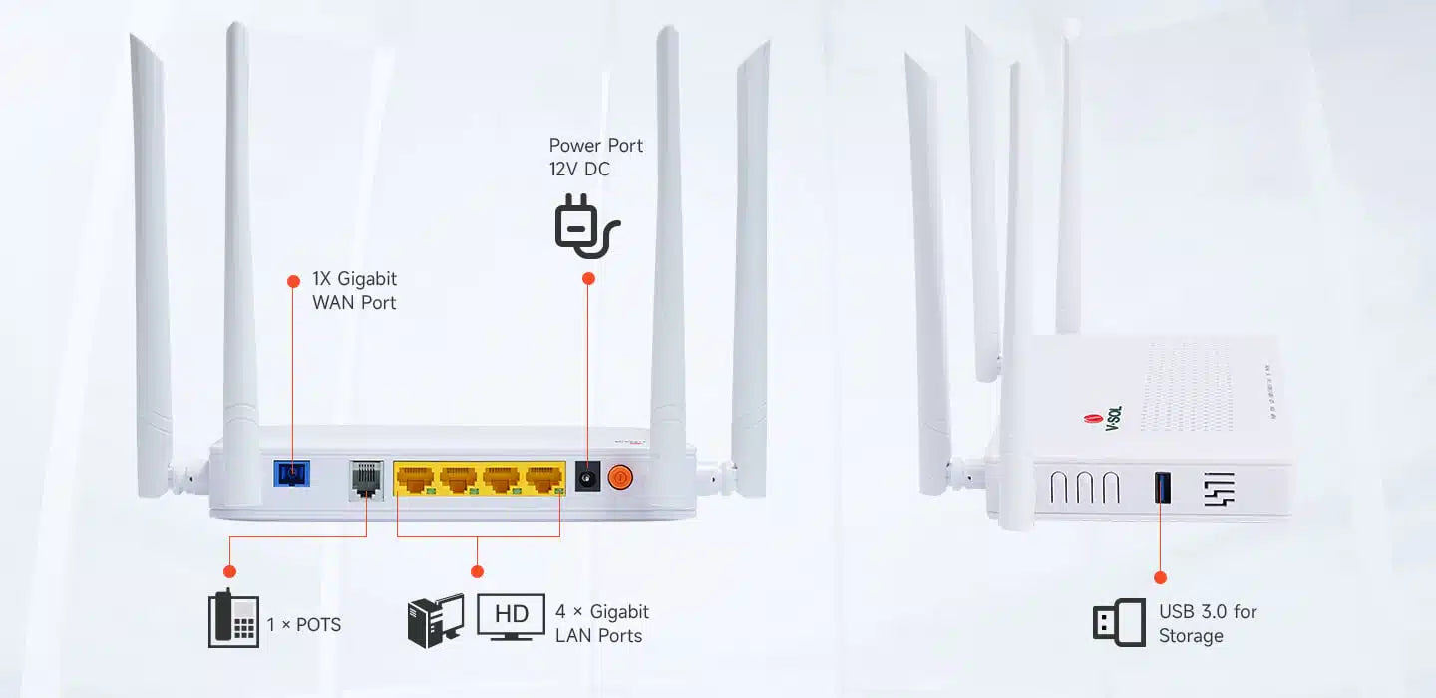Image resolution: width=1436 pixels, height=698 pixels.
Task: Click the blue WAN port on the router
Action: tap(291, 472)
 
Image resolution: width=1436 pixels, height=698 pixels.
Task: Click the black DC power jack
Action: tap(588, 479)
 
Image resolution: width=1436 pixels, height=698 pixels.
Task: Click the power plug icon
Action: tap(586, 226)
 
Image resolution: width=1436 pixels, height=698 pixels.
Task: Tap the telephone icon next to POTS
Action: tap(233, 619)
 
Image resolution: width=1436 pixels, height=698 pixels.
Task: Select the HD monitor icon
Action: tap(512, 615)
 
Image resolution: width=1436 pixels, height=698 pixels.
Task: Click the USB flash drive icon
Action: tap(1119, 623)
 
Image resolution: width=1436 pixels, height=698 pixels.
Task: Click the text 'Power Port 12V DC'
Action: tap(596, 158)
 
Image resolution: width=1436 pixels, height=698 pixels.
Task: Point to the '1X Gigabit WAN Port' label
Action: tap(355, 291)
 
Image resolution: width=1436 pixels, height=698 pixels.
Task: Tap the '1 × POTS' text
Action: tap(304, 625)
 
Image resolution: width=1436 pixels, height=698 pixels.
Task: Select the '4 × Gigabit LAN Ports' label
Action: tap(601, 623)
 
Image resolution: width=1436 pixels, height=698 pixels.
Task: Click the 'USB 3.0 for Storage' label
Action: tap(1207, 623)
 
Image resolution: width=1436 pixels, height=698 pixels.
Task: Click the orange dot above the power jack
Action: tap(588, 279)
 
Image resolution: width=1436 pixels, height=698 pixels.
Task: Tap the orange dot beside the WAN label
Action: tap(293, 281)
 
